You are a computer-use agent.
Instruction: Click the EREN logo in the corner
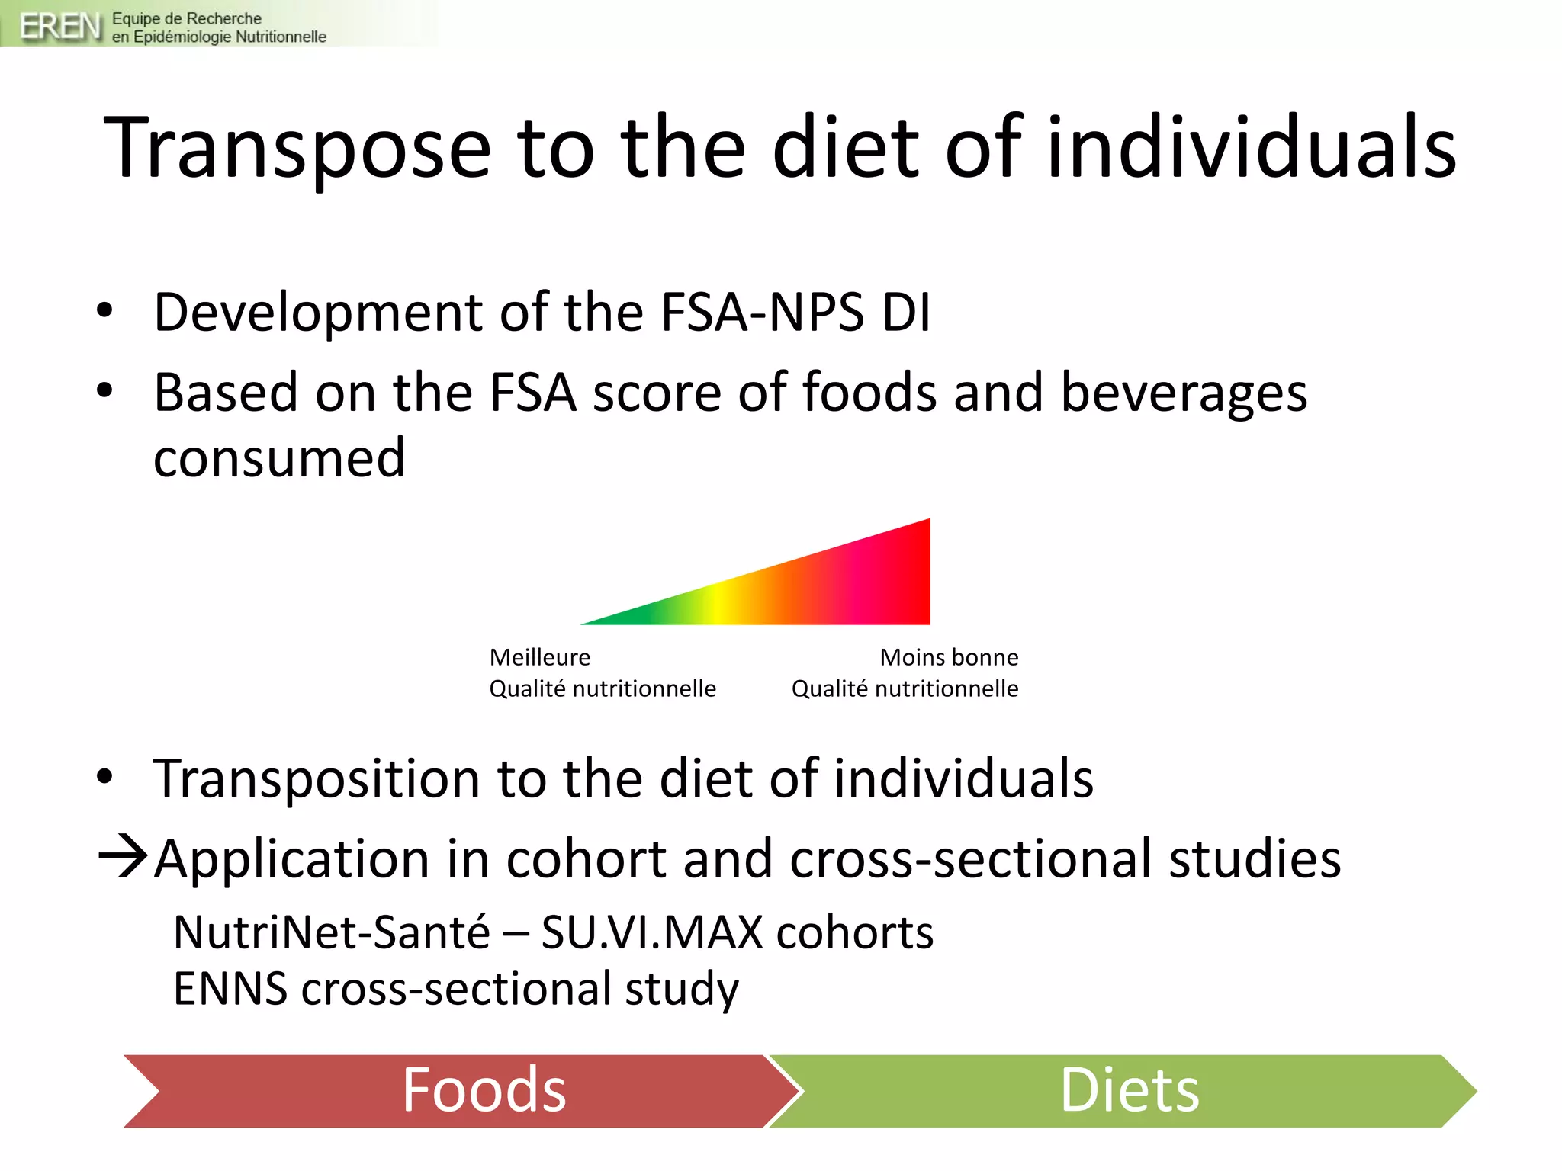pos(59,26)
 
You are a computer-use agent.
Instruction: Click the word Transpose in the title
pos(297,148)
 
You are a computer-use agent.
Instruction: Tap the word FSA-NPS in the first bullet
pos(762,312)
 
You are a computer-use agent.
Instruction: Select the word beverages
pos(1184,393)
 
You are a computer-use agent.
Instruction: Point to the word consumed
pos(279,458)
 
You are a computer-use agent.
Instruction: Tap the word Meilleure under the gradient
pos(540,657)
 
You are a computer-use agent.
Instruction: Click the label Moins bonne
pos(949,657)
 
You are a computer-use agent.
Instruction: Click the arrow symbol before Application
pos(123,857)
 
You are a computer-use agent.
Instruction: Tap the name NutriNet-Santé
pos(332,932)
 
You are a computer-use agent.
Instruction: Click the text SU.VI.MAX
pos(652,932)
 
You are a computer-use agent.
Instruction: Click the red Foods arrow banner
pos(458,1090)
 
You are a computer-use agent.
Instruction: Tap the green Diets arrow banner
pos(1129,1090)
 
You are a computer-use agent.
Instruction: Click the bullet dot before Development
pos(104,310)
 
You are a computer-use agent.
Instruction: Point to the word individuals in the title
pos(1252,148)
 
